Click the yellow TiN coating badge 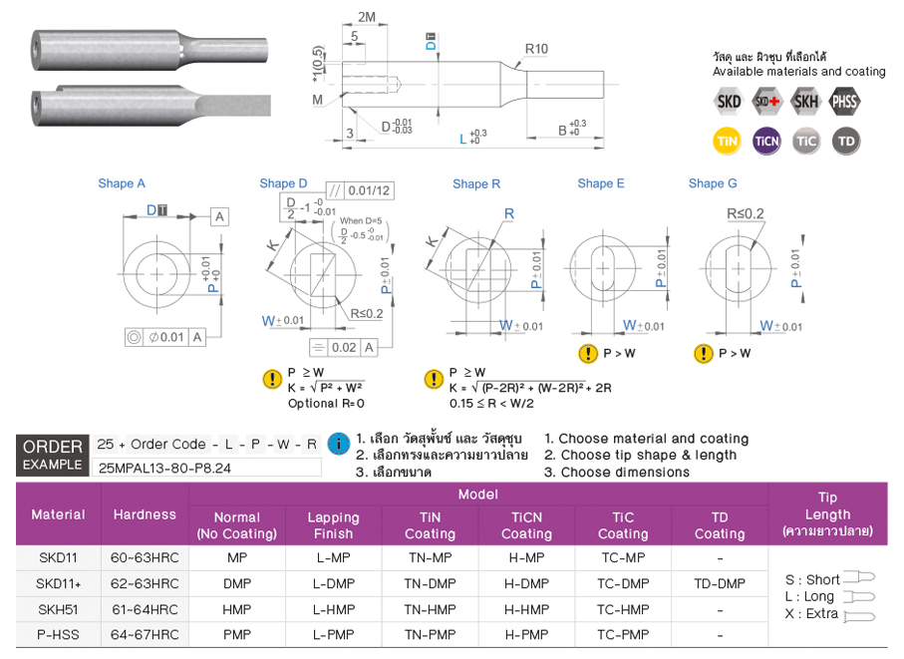coord(727,141)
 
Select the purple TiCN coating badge coord(766,141)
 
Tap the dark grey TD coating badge coord(846,141)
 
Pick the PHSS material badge coord(844,102)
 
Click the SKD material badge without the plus coord(729,102)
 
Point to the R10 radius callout coord(536,49)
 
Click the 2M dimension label coord(367,17)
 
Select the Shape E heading coord(601,183)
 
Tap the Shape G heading coord(713,183)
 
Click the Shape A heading coord(122,183)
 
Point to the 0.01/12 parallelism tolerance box coord(361,190)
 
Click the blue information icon coord(339,444)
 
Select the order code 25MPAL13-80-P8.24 coord(164,468)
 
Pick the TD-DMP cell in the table coord(720,583)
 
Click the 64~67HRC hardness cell coord(145,635)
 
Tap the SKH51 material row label coord(58,609)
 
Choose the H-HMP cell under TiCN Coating coord(526,609)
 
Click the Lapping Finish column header coord(333,525)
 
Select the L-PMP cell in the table coord(333,635)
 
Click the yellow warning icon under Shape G coord(704,353)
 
